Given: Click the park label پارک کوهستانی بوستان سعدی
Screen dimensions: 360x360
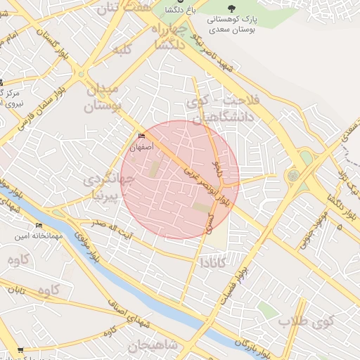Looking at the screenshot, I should click(252, 25).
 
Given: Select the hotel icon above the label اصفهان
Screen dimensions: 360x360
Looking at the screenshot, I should click(141, 136).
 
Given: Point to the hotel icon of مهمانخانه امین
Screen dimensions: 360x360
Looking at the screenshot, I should click(39, 226).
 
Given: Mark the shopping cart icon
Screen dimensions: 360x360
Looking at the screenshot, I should click(20, 349).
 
